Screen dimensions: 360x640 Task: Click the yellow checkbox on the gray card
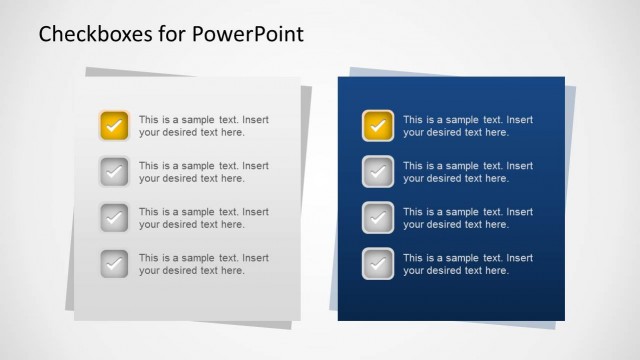(114, 126)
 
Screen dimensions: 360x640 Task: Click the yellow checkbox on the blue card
(378, 126)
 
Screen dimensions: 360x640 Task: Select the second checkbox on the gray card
(114, 172)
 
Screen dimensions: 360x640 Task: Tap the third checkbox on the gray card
(114, 218)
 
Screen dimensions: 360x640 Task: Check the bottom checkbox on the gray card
(114, 264)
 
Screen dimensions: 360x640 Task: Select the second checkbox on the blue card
(378, 172)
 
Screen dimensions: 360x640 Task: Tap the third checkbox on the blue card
(378, 218)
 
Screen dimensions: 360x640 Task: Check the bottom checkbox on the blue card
(378, 264)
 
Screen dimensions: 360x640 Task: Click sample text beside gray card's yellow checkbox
(203, 126)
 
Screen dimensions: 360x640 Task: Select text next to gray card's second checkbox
(203, 172)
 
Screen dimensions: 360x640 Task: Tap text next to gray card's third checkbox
(203, 218)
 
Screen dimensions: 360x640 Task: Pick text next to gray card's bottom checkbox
(203, 264)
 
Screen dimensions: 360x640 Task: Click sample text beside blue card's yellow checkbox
(468, 126)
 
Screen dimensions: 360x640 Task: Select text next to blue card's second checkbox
(468, 172)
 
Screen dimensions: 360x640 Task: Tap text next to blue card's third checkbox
(468, 218)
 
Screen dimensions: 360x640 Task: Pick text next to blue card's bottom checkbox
(468, 264)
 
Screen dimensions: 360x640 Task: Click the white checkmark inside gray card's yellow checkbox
(114, 127)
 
